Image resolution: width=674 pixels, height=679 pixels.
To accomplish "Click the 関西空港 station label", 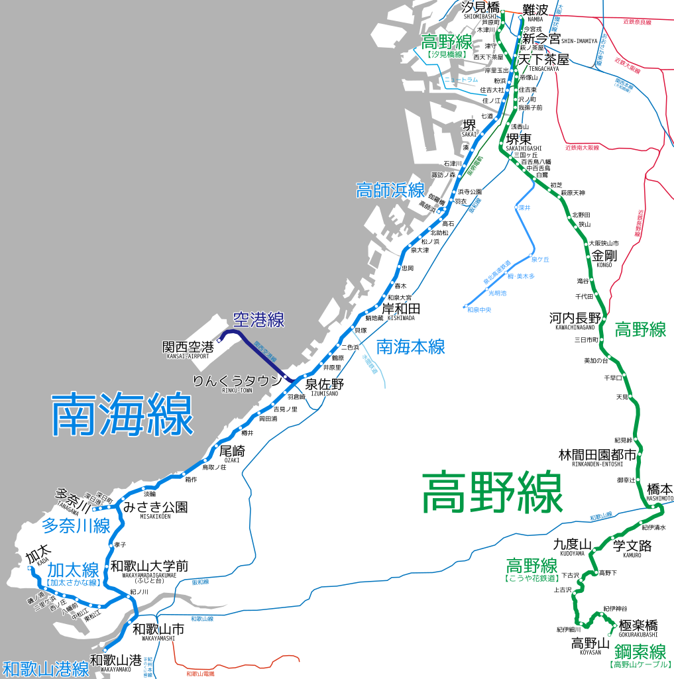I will click(189, 347).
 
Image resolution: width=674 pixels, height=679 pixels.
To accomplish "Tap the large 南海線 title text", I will click(123, 415).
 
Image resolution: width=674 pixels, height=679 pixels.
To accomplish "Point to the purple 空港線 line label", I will click(258, 321).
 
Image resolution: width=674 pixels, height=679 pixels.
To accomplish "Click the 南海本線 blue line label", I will click(411, 346).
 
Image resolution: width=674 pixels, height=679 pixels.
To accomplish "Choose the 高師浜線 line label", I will click(390, 190).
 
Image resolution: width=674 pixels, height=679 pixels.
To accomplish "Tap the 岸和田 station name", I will click(401, 309).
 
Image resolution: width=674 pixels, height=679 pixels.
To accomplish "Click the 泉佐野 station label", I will click(325, 384).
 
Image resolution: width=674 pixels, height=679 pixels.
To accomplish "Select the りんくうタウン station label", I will click(237, 381).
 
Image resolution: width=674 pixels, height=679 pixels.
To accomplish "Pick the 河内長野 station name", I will click(575, 318).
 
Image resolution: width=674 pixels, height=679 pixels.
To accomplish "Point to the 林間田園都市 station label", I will click(598, 455).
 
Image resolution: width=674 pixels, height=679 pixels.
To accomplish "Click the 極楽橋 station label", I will click(638, 625).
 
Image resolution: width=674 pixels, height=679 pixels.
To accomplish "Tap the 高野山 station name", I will click(590, 643).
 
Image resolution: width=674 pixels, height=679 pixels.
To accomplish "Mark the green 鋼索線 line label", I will click(640, 651).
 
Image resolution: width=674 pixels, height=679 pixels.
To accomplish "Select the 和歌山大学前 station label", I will click(149, 566).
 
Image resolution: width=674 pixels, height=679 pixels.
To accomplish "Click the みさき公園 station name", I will click(155, 507).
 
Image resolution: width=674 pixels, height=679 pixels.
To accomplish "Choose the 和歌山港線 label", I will click(45, 668).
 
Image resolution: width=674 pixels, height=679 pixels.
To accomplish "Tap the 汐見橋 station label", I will click(480, 8).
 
